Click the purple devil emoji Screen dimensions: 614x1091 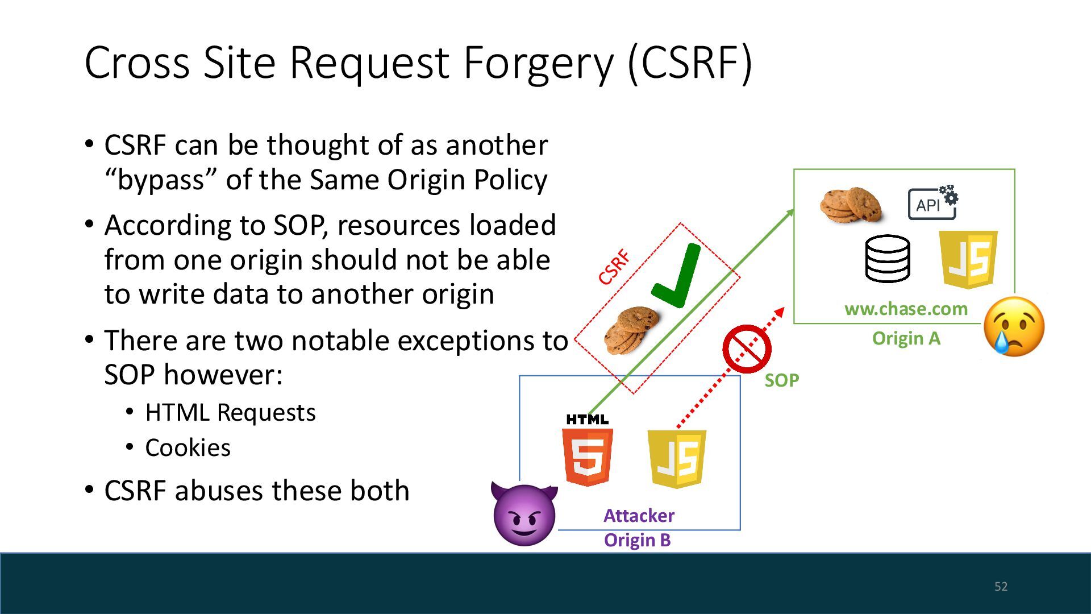(x=524, y=515)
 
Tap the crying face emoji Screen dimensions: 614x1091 (x=1014, y=326)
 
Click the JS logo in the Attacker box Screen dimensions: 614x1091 (x=677, y=459)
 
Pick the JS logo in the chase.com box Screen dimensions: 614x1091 (x=968, y=259)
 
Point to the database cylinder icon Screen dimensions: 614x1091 (x=887, y=259)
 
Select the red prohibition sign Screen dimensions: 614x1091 (x=747, y=349)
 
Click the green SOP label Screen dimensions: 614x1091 (x=781, y=380)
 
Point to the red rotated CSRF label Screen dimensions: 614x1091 (x=614, y=267)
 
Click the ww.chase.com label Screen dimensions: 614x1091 (x=906, y=309)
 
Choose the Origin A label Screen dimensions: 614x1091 (x=906, y=338)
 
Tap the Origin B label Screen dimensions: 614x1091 (x=637, y=540)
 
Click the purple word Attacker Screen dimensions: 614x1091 (x=639, y=515)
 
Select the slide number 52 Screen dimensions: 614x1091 (x=1001, y=586)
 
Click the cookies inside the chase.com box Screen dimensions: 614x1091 (x=851, y=205)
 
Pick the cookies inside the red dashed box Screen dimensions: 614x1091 (x=630, y=329)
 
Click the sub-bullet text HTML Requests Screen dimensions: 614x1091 (x=230, y=412)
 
